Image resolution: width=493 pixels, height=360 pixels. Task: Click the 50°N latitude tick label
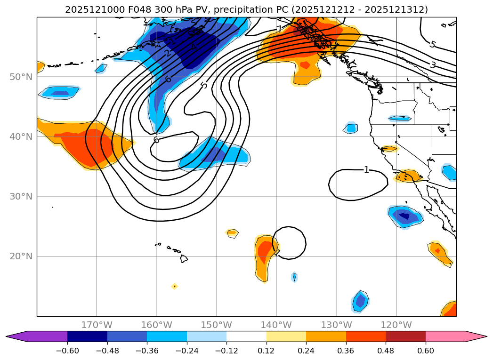[21, 77]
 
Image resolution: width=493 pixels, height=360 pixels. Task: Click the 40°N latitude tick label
[21, 137]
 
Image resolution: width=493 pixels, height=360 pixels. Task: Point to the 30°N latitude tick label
[21, 197]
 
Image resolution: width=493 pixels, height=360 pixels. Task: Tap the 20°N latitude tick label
[21, 256]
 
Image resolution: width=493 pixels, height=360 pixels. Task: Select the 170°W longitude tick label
[97, 325]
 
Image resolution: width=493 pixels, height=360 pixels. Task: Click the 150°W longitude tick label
[216, 325]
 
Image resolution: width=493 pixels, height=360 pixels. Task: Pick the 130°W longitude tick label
[336, 325]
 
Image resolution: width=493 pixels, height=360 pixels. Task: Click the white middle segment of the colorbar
[246, 336]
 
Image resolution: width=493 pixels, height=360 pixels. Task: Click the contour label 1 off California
[366, 170]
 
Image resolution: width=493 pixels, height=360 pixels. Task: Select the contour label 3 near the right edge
[432, 65]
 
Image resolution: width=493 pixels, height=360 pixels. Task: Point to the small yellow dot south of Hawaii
[175, 286]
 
